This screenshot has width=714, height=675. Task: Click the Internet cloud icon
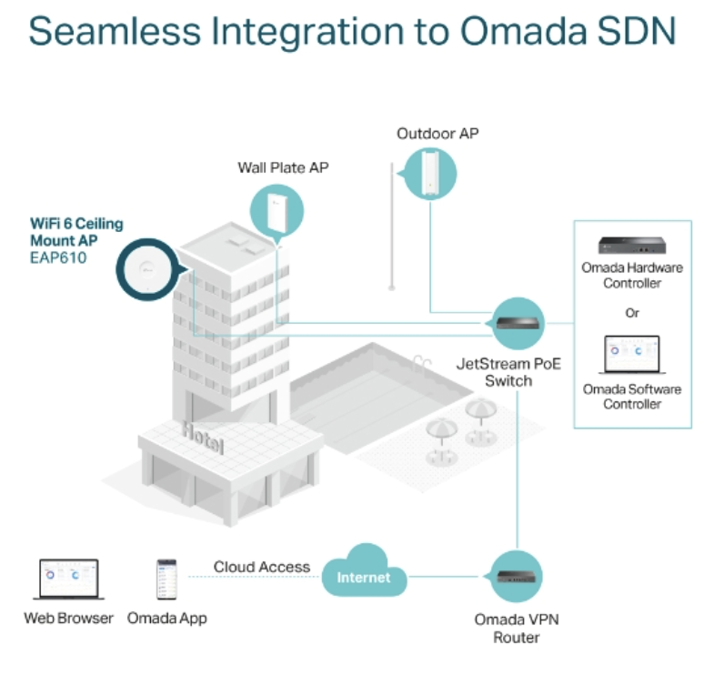click(364, 571)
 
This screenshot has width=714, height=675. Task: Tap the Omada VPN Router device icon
click(516, 577)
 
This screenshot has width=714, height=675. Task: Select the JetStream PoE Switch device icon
click(518, 323)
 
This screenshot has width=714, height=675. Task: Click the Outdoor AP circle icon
click(429, 174)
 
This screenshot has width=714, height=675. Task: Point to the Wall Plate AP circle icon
click(277, 212)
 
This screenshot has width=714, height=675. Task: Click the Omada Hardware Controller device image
click(631, 245)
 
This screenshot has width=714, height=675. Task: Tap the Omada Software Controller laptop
click(632, 355)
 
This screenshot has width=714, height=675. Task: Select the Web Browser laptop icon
click(69, 579)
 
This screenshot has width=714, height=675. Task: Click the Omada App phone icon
click(166, 579)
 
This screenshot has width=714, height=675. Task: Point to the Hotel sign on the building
click(203, 438)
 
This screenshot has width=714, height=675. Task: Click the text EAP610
click(58, 257)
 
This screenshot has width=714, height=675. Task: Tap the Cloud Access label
click(262, 567)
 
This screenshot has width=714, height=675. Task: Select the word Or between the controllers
click(632, 313)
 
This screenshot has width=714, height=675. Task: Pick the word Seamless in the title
click(115, 31)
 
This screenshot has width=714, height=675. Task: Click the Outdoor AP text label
click(437, 134)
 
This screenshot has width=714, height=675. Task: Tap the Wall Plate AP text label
click(283, 167)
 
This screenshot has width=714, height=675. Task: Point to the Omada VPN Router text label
click(517, 628)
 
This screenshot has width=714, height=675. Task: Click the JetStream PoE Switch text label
click(508, 372)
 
